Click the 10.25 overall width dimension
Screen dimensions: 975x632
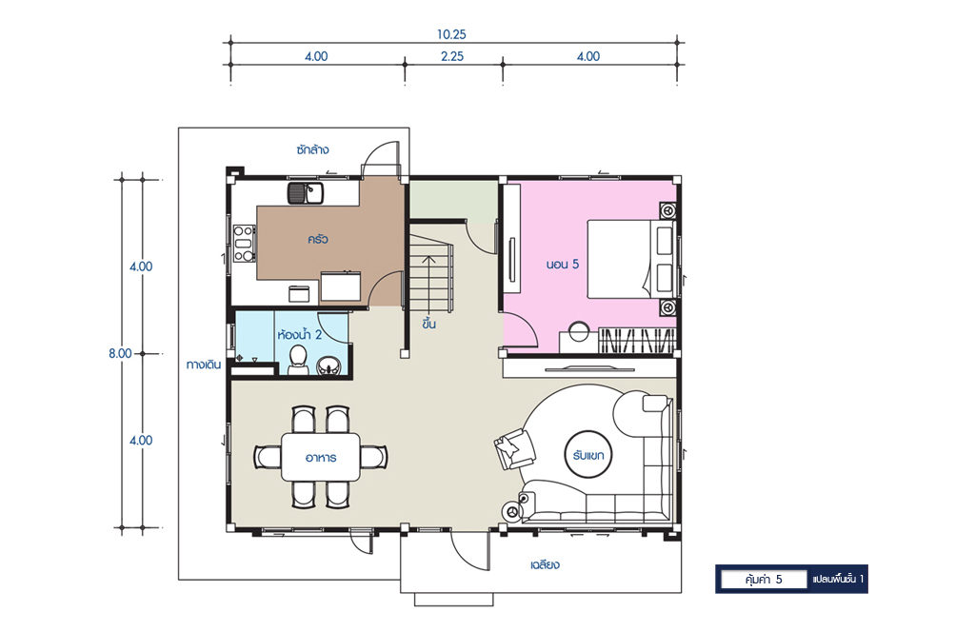(450, 35)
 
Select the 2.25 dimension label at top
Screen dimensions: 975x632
(452, 56)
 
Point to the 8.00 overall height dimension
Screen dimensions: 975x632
(120, 354)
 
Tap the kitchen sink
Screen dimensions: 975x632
(306, 192)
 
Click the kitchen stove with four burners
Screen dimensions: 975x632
(244, 243)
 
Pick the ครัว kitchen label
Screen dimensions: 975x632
(317, 239)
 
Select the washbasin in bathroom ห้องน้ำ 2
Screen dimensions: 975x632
(328, 366)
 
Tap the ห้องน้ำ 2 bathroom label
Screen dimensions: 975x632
(300, 335)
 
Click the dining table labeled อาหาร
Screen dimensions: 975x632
(321, 458)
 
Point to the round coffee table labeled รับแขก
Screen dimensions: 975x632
(588, 455)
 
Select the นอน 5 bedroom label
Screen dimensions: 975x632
(562, 264)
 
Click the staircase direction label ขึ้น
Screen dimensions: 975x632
(428, 324)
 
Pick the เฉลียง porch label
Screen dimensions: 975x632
(545, 564)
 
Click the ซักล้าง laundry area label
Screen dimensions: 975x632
(312, 149)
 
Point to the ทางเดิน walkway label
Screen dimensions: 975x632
(204, 365)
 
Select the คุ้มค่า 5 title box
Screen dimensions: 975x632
(764, 580)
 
